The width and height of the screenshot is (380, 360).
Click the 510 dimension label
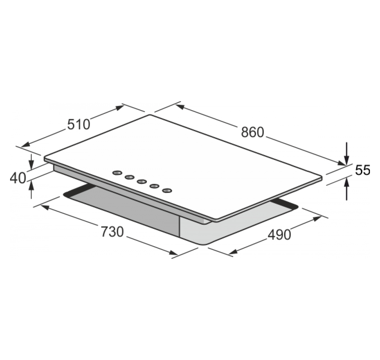[x=78, y=124]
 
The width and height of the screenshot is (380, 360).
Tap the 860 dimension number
[x=252, y=132]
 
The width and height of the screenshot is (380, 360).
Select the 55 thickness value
[x=363, y=170]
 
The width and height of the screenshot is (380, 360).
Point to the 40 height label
[x=18, y=178]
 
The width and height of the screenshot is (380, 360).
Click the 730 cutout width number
[x=112, y=231]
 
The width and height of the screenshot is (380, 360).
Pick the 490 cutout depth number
[x=279, y=235]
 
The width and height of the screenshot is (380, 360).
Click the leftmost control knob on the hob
[x=117, y=172]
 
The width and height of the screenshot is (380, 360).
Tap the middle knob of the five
[x=142, y=181]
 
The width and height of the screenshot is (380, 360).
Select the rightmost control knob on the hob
[x=167, y=190]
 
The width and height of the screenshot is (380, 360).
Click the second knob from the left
[x=130, y=177]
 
